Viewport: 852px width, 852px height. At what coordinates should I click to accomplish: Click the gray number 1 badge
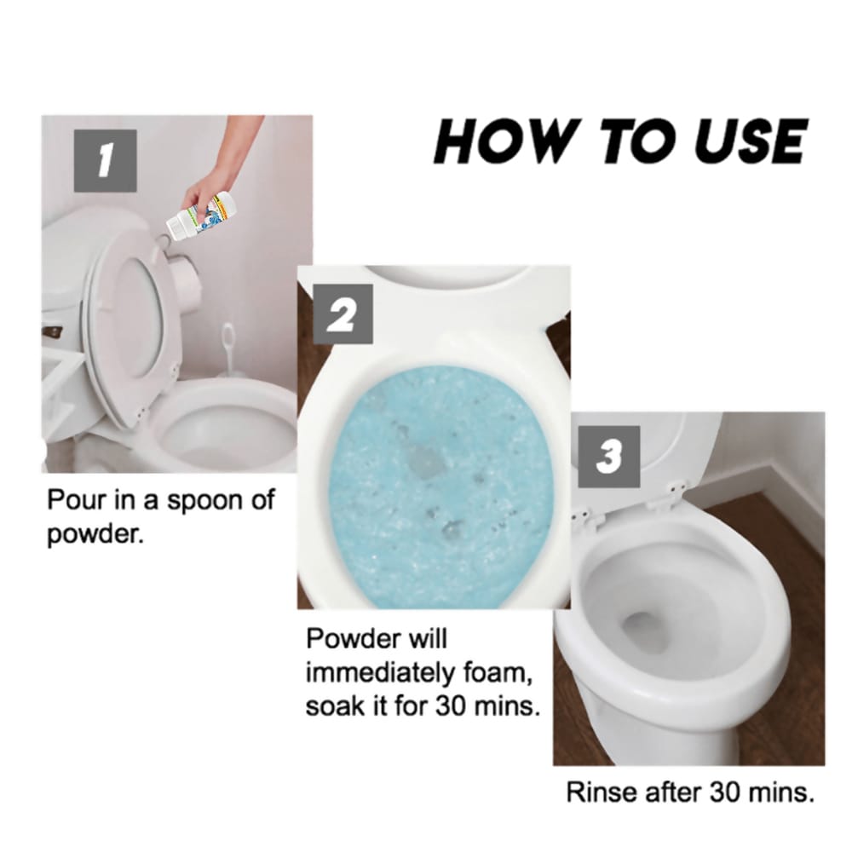(x=105, y=160)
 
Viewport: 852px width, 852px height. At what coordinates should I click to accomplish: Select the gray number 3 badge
(x=608, y=458)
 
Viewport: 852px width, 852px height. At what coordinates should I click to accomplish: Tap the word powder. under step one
(x=90, y=538)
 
